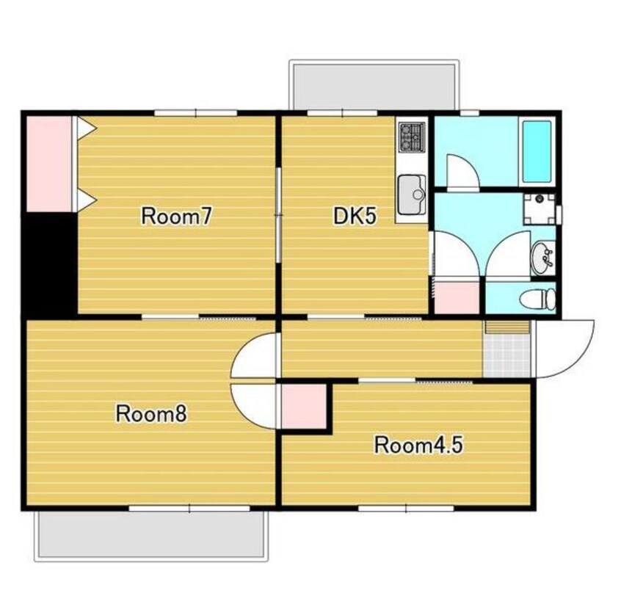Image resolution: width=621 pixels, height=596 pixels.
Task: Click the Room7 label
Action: click(177, 217)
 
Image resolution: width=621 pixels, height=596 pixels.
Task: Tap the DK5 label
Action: click(354, 217)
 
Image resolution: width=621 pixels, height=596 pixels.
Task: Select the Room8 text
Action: click(151, 414)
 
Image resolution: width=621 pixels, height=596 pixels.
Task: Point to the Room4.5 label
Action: click(418, 445)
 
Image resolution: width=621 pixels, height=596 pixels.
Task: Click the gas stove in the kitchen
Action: click(413, 137)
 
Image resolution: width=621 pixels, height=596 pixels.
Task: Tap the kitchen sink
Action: click(412, 194)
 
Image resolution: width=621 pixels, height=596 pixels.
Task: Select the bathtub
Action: click(537, 152)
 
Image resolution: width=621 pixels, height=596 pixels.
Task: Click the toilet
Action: click(537, 298)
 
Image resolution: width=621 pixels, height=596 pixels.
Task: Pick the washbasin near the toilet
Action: click(542, 258)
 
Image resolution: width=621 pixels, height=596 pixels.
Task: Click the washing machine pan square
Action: click(539, 208)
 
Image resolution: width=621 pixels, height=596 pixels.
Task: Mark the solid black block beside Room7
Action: click(49, 264)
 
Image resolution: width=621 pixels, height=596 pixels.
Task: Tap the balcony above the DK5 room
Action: click(374, 84)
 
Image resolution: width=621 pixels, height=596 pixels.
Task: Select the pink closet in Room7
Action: click(49, 164)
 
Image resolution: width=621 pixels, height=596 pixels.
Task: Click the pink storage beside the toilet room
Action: click(457, 297)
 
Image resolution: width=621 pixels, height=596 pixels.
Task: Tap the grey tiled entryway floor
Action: click(506, 355)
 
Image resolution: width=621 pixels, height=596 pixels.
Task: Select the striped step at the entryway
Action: click(507, 327)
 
